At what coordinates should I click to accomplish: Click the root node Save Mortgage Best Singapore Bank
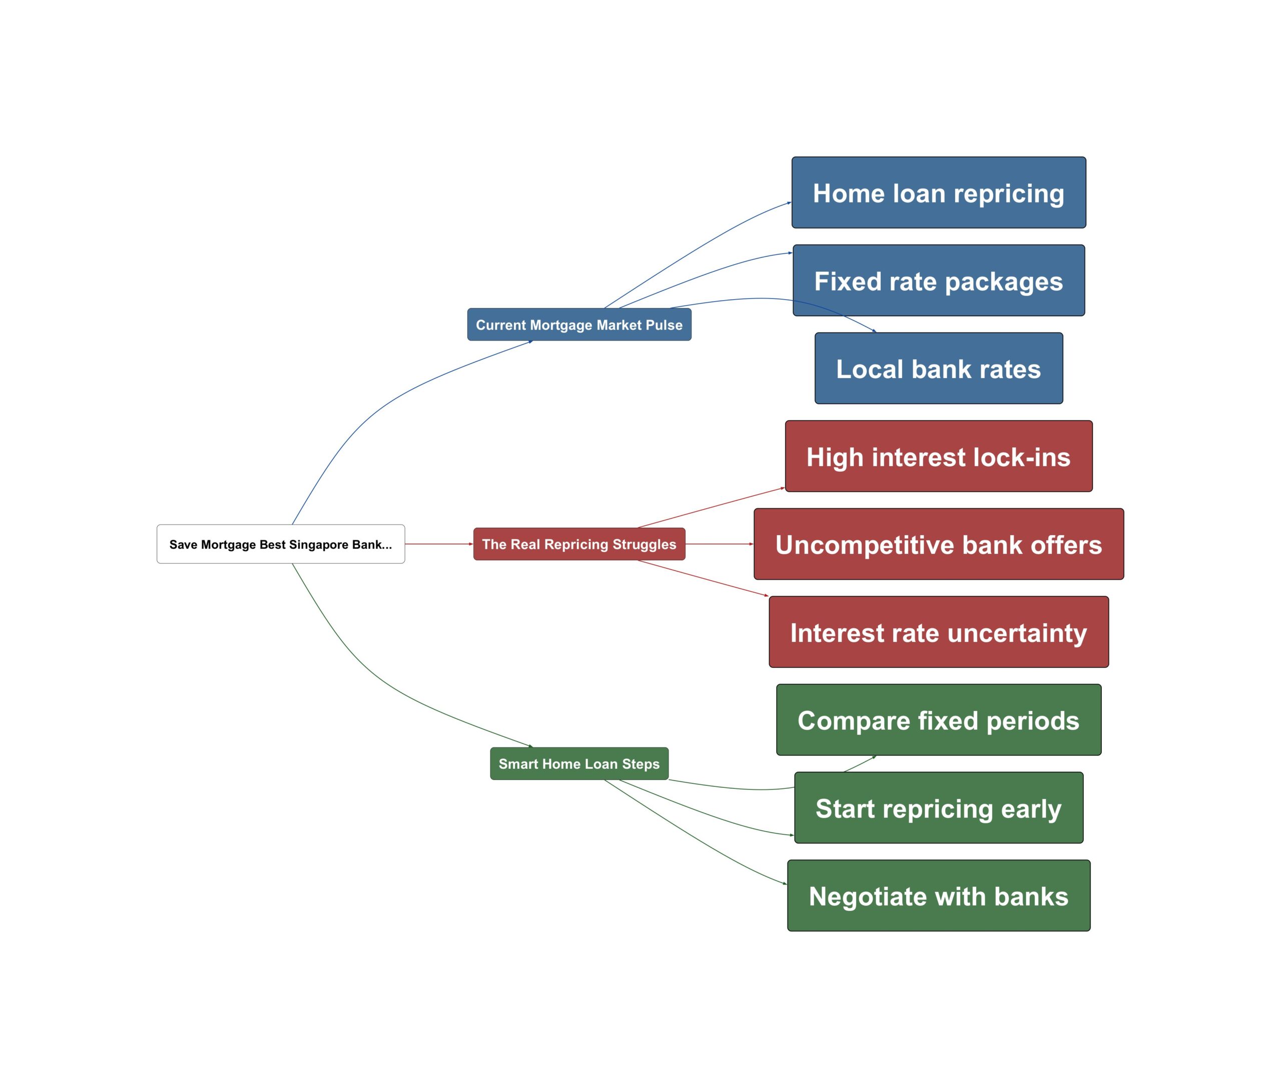click(x=280, y=544)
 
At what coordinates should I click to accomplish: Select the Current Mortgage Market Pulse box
click(x=579, y=325)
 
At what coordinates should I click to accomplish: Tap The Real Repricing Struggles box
click(x=579, y=544)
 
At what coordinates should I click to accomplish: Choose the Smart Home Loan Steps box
click(x=579, y=763)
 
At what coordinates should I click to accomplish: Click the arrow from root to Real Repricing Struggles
click(x=439, y=544)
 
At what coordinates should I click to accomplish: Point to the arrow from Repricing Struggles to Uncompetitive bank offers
click(x=719, y=544)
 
